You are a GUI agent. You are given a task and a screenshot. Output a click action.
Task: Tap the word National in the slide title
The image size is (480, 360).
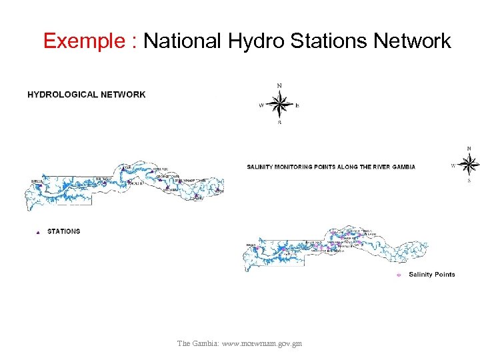click(x=182, y=41)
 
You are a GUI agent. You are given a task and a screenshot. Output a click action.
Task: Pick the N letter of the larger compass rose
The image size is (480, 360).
click(x=279, y=85)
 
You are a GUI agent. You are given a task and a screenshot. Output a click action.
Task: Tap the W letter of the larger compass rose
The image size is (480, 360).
click(x=261, y=105)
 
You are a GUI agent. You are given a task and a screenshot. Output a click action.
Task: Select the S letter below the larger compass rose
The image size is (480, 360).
click(x=279, y=123)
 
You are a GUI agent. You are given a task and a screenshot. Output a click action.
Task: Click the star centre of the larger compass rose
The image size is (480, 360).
click(x=280, y=105)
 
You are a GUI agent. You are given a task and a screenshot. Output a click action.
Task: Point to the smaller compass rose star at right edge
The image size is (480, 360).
click(x=469, y=164)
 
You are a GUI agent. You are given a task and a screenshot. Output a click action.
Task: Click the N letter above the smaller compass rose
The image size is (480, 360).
click(x=469, y=149)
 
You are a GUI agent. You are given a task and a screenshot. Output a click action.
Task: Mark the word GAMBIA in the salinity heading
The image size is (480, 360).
click(x=402, y=167)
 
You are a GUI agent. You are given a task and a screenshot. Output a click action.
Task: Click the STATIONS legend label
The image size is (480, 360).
click(x=63, y=231)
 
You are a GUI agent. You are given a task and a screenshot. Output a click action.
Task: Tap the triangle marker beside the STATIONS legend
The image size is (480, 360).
click(x=38, y=232)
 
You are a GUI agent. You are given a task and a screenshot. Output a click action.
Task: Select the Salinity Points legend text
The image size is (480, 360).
click(x=431, y=274)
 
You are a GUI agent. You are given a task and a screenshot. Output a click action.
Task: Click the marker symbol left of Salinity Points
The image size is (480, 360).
click(x=399, y=275)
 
